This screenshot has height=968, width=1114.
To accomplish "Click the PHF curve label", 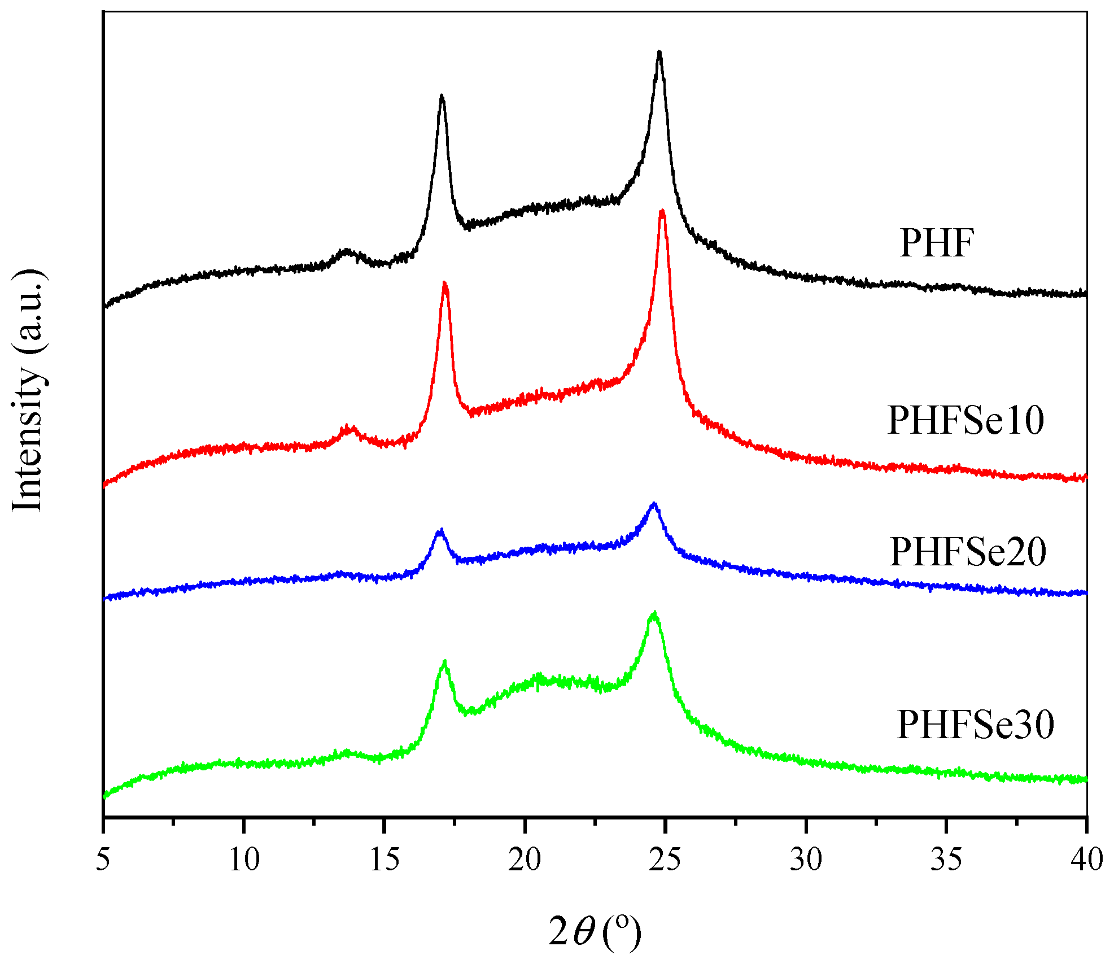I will tap(937, 243).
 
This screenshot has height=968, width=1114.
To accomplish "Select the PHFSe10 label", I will tap(966, 421).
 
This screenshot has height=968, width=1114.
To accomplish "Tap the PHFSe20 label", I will tap(968, 552).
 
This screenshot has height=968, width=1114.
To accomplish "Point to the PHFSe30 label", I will tap(975, 725).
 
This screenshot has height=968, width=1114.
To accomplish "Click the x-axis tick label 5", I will tap(103, 860).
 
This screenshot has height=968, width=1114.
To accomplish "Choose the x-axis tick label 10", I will tap(244, 860).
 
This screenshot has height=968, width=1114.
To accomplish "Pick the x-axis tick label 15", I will tap(385, 860).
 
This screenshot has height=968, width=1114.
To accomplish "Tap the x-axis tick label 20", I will tap(525, 860).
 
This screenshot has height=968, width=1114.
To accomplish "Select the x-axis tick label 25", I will tap(666, 860).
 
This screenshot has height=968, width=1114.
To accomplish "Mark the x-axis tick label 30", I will tap(806, 860).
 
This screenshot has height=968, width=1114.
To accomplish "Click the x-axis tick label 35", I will tap(946, 860).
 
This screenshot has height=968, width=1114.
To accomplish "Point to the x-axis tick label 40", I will tap(1087, 860).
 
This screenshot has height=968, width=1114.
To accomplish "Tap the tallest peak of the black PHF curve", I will tap(659, 54).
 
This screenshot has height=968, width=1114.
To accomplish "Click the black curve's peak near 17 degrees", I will tap(442, 97).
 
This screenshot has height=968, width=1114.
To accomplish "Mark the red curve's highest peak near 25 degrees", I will tap(662, 212).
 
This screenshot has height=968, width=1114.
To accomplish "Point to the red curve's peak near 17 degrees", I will tap(445, 284).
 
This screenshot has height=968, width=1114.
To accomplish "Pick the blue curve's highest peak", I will tap(654, 504).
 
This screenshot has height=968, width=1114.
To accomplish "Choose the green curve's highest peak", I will tap(654, 613).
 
